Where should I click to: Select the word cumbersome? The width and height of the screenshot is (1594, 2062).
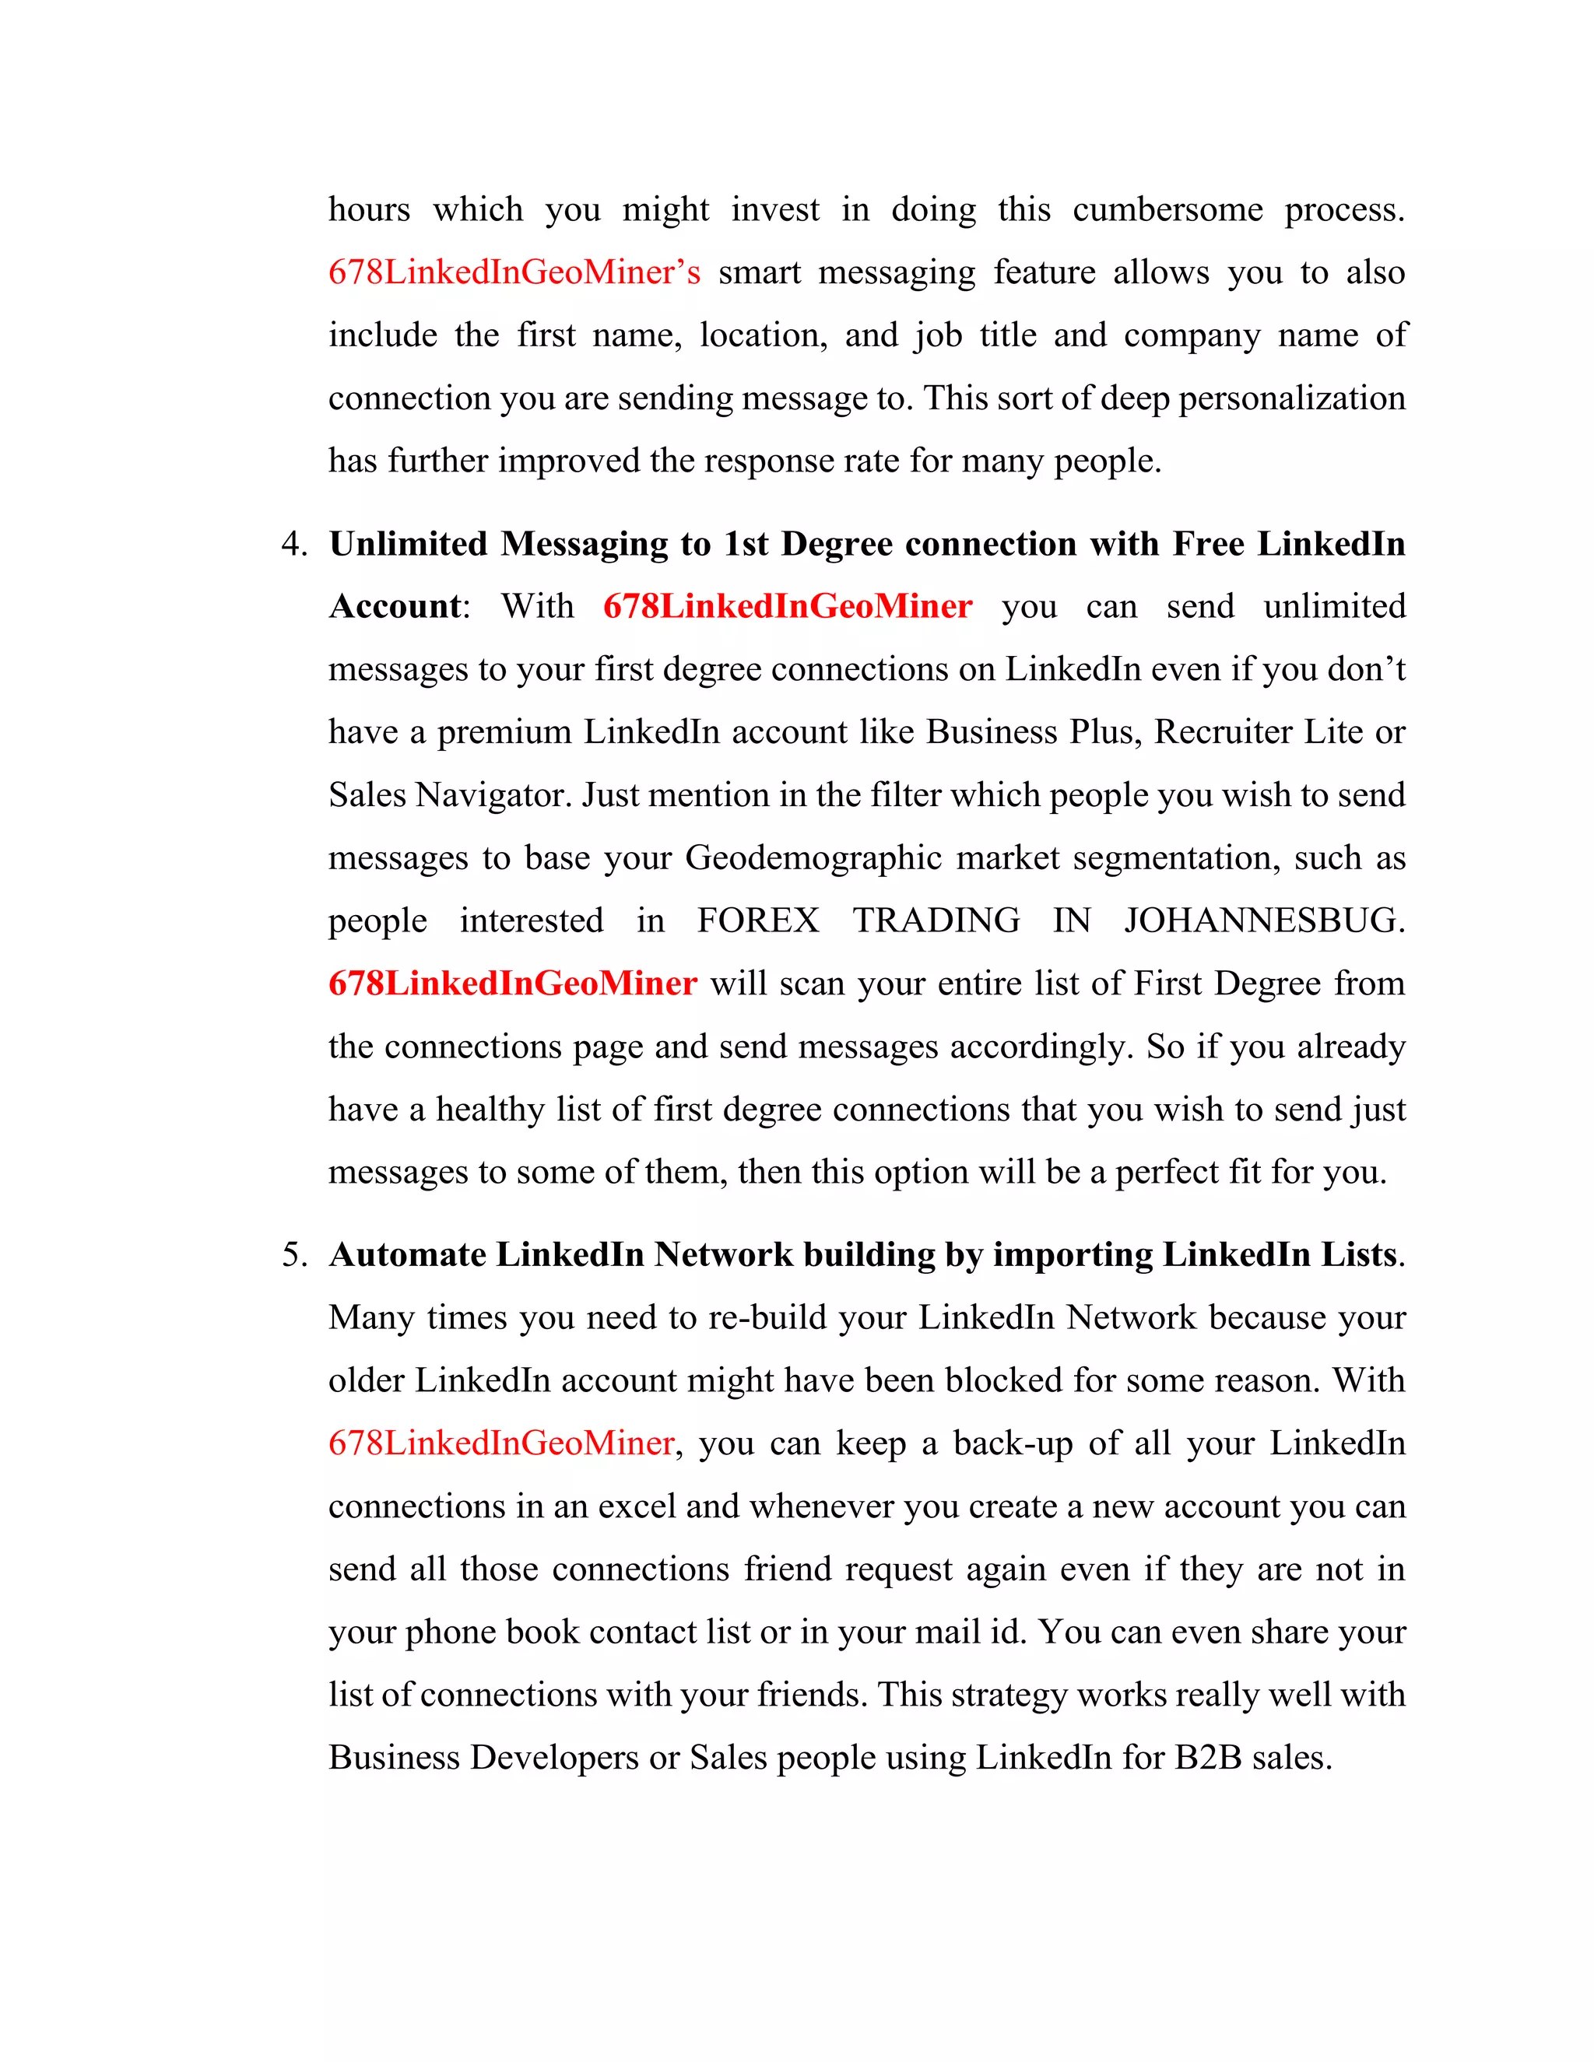[x=1167, y=209]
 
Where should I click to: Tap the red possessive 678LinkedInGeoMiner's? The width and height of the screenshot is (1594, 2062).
[x=514, y=273]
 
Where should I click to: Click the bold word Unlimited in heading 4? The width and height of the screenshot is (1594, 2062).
[x=408, y=545]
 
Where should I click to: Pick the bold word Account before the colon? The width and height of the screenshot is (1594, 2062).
[x=395, y=607]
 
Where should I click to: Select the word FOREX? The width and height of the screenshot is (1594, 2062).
[x=757, y=921]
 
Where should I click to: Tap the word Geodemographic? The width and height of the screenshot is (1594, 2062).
[x=813, y=858]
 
